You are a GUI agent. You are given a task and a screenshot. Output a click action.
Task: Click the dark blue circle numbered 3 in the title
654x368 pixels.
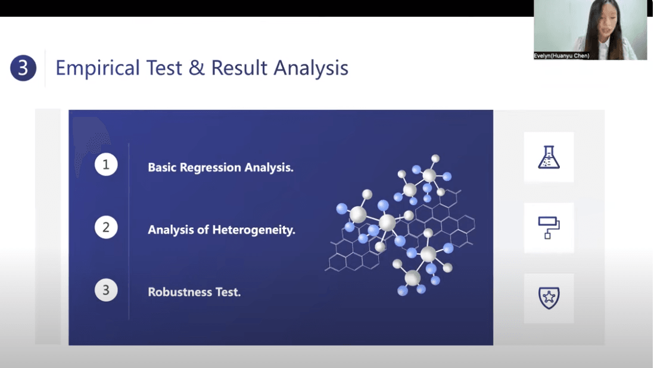point(23,67)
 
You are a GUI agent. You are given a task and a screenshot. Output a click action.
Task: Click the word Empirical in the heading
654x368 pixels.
point(98,68)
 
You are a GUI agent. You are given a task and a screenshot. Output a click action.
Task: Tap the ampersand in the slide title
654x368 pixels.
point(197,67)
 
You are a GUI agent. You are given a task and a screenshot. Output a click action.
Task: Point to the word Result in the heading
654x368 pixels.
point(239,67)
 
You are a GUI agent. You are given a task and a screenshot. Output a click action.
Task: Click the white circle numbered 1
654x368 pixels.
point(106,164)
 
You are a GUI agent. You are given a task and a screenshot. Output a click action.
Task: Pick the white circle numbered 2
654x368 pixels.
point(106,227)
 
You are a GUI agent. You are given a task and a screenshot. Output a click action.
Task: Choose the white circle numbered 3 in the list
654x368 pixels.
point(106,290)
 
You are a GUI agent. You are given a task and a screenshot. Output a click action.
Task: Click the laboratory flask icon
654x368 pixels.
point(549,157)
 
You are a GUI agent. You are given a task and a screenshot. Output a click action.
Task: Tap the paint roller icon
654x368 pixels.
point(549,228)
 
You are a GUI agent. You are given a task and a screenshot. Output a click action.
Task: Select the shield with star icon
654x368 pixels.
point(549,298)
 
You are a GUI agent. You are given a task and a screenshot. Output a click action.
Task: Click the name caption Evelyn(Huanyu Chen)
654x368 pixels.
point(562,55)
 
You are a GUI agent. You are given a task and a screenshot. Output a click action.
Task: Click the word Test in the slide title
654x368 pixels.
point(164,68)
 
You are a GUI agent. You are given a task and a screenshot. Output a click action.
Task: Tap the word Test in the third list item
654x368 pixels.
point(228,292)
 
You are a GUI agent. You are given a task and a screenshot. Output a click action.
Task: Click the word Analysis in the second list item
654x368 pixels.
point(170,230)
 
